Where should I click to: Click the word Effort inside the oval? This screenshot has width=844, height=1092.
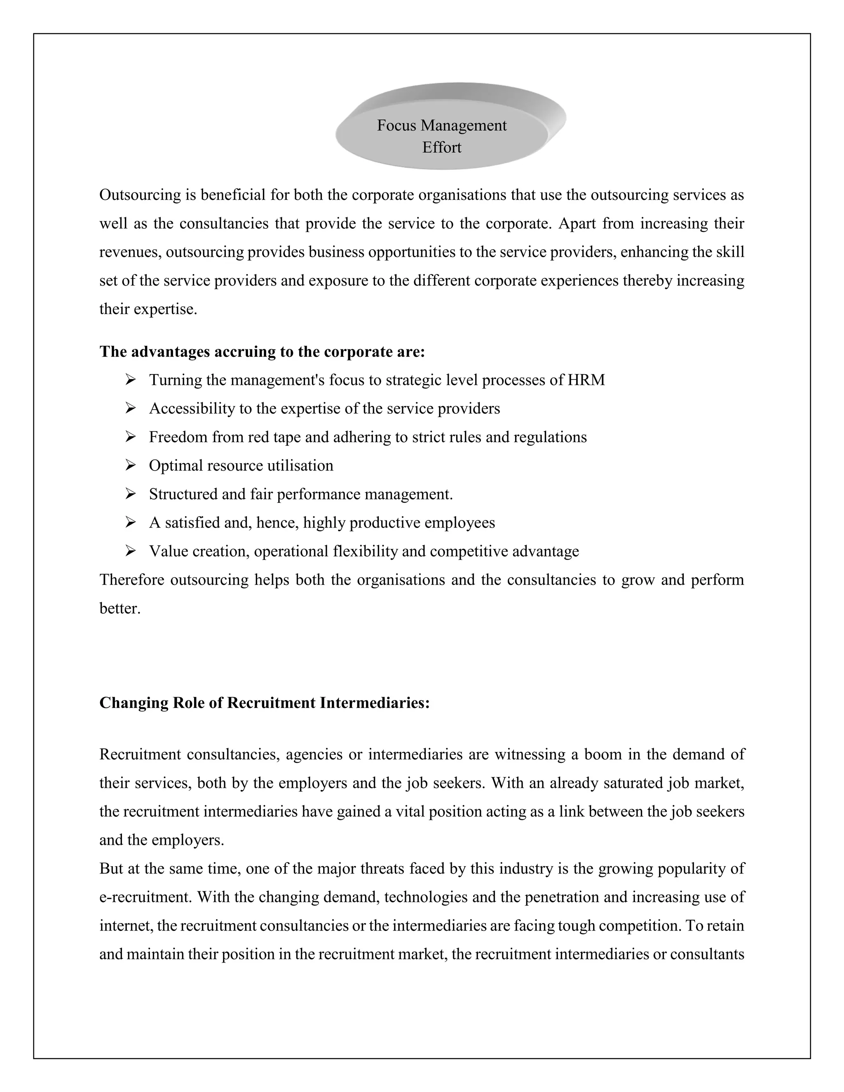point(441,148)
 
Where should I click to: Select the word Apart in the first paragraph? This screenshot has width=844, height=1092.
point(577,223)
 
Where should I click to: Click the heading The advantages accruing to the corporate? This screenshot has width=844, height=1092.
point(262,352)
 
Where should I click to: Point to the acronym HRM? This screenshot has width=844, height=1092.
point(586,380)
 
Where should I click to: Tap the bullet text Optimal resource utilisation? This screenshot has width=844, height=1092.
point(241,466)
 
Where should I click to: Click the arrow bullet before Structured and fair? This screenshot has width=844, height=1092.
point(131,494)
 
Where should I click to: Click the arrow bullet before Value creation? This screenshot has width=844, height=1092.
point(131,551)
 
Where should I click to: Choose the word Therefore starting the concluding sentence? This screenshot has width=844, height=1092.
point(131,580)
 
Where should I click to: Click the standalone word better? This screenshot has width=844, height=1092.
point(120,609)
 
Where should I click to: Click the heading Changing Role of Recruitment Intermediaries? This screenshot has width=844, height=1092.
point(265,703)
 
